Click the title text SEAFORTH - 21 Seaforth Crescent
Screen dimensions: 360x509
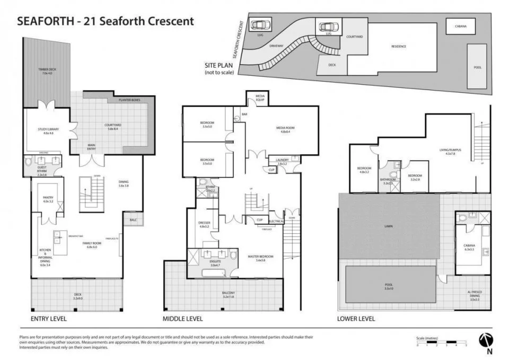click(106, 22)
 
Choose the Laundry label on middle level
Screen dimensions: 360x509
click(281, 162)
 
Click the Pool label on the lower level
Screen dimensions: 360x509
click(389, 286)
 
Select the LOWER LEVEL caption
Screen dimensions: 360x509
click(356, 319)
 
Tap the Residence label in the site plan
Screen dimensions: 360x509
click(399, 47)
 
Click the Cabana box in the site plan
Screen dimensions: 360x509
click(460, 26)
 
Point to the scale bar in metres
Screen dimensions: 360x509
click(442, 341)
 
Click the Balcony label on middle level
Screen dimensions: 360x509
click(229, 295)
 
